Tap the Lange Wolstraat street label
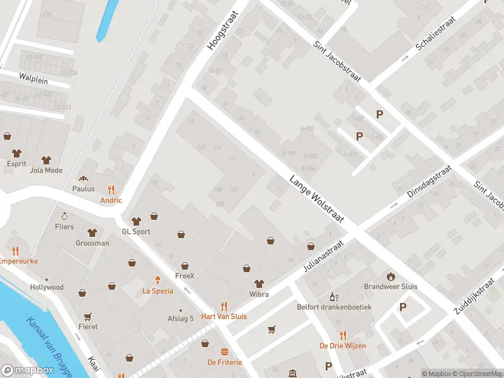coord(316,198)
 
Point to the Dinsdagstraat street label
coord(429,183)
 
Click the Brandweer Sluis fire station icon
coord(391,276)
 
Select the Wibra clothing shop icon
coord(258,283)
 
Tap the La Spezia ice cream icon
coord(157,280)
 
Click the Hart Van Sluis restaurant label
coord(224,316)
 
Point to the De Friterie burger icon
coord(224,352)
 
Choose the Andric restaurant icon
coord(112,189)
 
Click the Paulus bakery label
coord(83,188)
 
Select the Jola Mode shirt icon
coord(46,159)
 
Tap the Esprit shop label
coord(17,164)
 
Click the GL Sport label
coord(136,231)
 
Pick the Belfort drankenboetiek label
coord(334,307)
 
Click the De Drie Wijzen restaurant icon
coord(343,335)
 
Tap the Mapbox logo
coord(28,370)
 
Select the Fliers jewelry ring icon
coord(64,216)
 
